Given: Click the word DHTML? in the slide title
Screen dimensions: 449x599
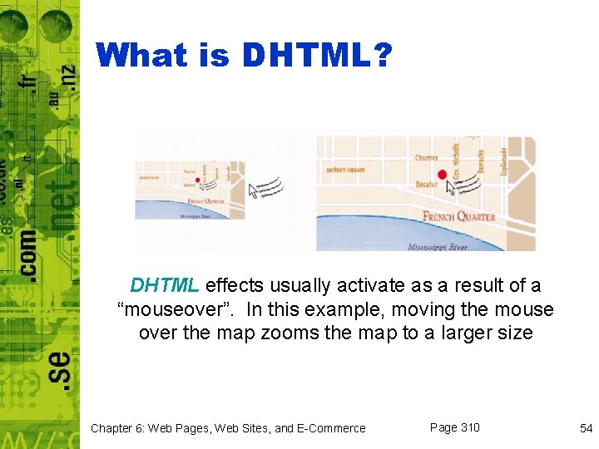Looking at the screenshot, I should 317,56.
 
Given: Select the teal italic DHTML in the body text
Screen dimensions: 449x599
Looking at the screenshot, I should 164,285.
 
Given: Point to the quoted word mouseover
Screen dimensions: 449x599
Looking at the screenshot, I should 176,309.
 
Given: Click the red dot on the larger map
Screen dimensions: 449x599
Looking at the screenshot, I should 442,175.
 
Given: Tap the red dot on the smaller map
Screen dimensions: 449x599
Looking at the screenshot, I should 197,180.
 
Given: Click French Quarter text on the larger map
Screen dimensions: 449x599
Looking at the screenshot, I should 458,217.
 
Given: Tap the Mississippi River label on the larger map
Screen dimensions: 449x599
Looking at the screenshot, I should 438,246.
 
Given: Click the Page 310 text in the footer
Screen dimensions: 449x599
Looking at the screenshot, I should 454,427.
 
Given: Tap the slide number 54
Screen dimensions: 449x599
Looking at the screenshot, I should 586,428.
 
